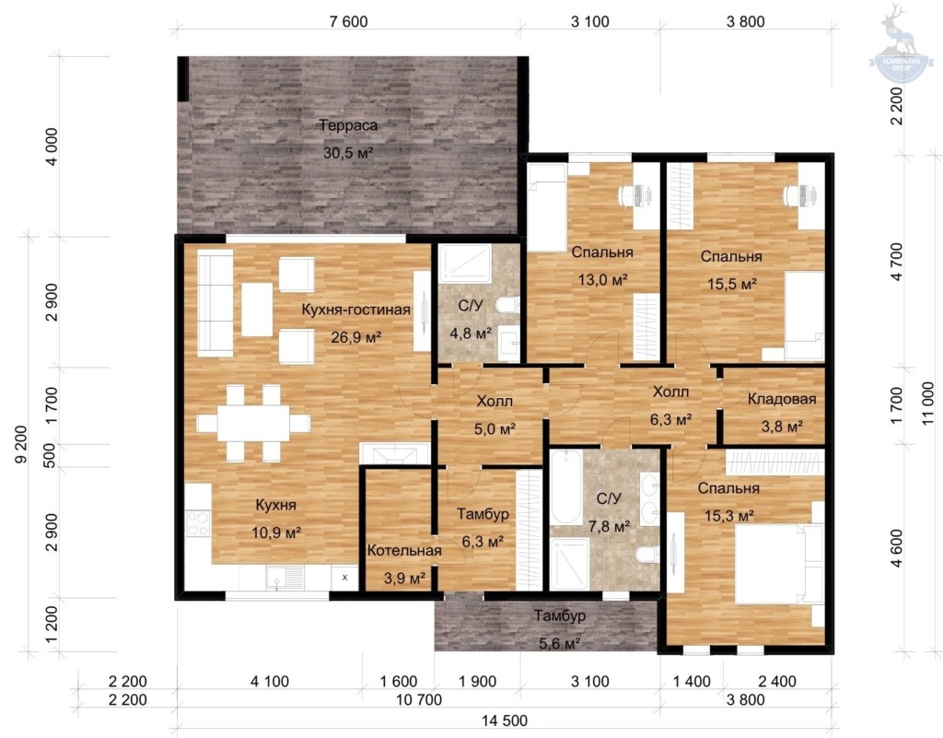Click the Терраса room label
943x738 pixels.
pyautogui.click(x=348, y=125)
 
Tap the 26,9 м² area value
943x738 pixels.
pyautogui.click(x=356, y=337)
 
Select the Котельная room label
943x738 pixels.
pyautogui.click(x=404, y=550)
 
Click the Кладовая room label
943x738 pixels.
pyautogui.click(x=782, y=399)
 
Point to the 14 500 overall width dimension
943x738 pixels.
pyautogui.click(x=505, y=720)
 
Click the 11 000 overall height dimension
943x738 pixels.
pyautogui.click(x=928, y=403)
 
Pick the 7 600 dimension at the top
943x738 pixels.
pyautogui.click(x=349, y=22)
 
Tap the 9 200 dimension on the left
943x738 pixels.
pyautogui.click(x=21, y=444)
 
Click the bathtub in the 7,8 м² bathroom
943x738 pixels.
pyautogui.click(x=565, y=487)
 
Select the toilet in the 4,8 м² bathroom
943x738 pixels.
pyautogui.click(x=507, y=304)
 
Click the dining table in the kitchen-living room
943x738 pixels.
pyautogui.click(x=253, y=423)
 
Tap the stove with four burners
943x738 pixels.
pyautogui.click(x=197, y=522)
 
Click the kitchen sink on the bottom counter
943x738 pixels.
pyautogui.click(x=285, y=579)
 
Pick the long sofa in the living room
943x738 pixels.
pyautogui.click(x=215, y=304)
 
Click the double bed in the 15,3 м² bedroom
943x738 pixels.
pyautogui.click(x=779, y=564)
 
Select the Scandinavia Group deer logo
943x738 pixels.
pyautogui.click(x=901, y=44)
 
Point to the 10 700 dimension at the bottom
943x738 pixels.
pyautogui.click(x=419, y=699)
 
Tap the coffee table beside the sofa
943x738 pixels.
pyautogui.click(x=257, y=310)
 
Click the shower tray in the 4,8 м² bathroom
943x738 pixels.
pyautogui.click(x=465, y=263)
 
